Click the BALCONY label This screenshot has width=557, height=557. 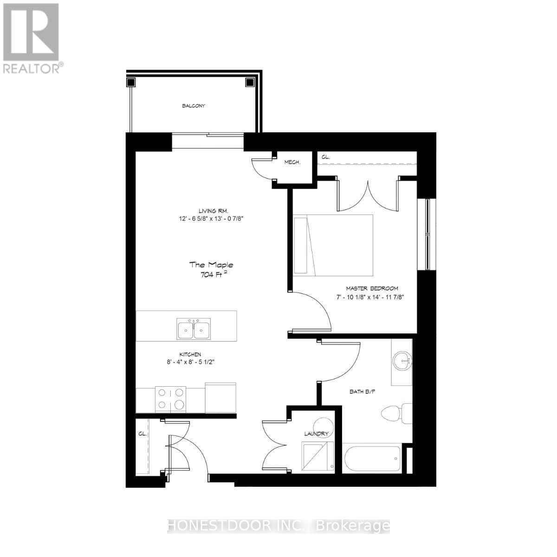[x=193, y=106]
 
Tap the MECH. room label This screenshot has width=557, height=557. [x=292, y=162]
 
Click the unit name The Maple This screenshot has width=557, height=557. [x=211, y=265]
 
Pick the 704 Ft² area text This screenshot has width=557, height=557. [x=211, y=274]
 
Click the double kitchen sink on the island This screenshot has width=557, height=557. [x=194, y=329]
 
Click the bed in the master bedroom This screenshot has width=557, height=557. [x=333, y=244]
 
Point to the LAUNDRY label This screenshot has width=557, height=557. [x=317, y=434]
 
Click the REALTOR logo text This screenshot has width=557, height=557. [x=32, y=68]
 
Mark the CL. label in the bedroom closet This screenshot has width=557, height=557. [x=325, y=157]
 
